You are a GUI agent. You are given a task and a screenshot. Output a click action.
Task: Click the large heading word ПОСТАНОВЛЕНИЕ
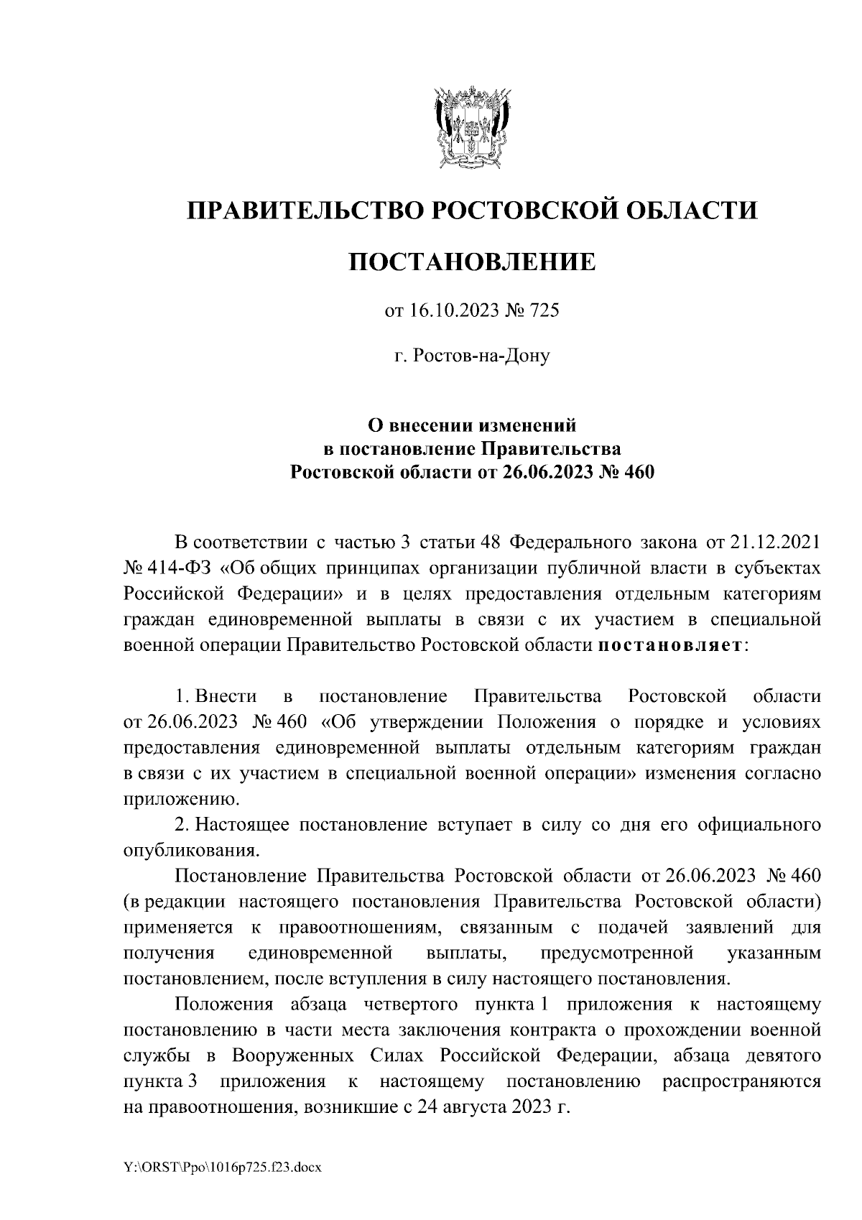point(472,262)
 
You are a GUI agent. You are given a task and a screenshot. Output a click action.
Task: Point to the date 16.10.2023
point(449,311)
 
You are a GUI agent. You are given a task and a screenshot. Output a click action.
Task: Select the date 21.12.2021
point(777,540)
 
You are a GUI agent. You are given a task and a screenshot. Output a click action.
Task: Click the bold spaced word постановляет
point(672,644)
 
